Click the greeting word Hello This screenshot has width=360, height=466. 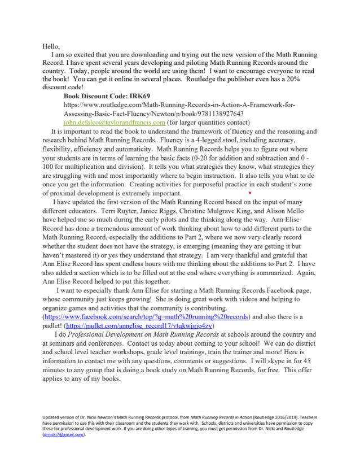(50, 46)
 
